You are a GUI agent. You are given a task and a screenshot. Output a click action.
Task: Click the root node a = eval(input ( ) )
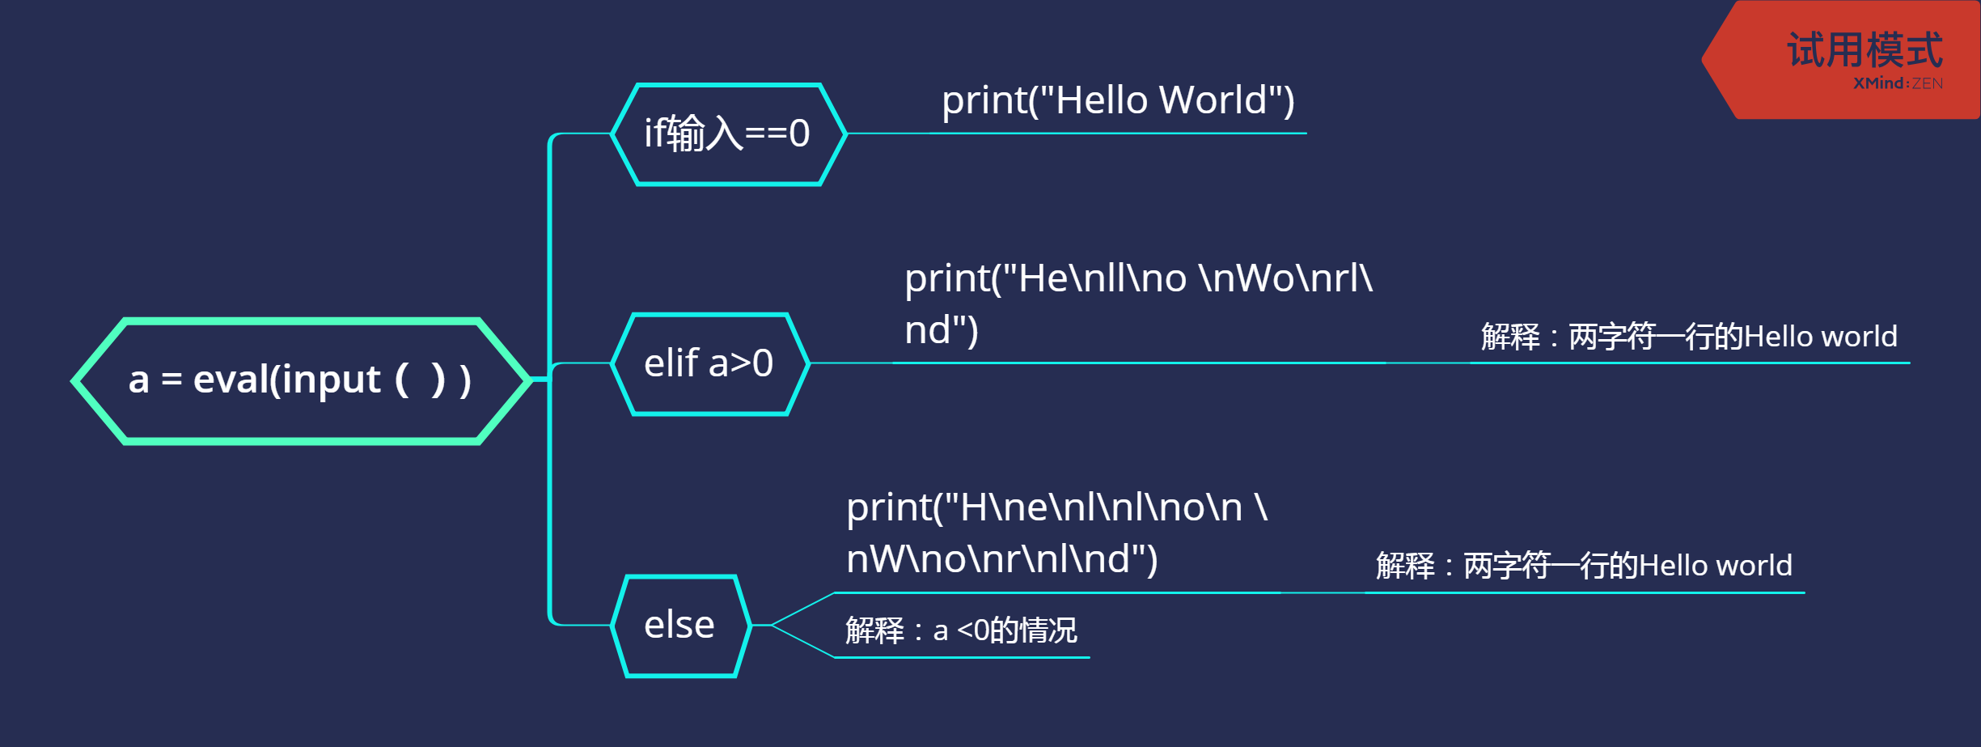coord(300,380)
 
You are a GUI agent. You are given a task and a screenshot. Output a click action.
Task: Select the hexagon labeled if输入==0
coord(728,134)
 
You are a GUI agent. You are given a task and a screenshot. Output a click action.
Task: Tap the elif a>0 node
coord(709,363)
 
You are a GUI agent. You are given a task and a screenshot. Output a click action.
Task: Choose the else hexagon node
coord(680,626)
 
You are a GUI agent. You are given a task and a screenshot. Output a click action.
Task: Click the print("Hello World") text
coord(1118,100)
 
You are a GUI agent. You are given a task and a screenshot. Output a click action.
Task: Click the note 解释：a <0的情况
coord(961,630)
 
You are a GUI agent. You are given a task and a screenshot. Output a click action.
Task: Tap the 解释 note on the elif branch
coord(1688,337)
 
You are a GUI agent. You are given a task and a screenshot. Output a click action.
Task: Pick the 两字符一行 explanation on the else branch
coord(1584,566)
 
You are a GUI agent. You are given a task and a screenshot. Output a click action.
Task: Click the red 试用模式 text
coord(1865,50)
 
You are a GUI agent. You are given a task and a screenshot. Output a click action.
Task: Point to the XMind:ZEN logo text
coord(1898,83)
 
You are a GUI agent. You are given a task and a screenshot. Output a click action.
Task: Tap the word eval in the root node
coord(231,380)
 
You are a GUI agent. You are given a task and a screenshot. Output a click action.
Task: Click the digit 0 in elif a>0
coord(763,363)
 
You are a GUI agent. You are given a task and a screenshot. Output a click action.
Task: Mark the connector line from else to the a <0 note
coord(802,641)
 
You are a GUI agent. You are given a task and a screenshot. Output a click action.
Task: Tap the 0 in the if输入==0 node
coord(799,134)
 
